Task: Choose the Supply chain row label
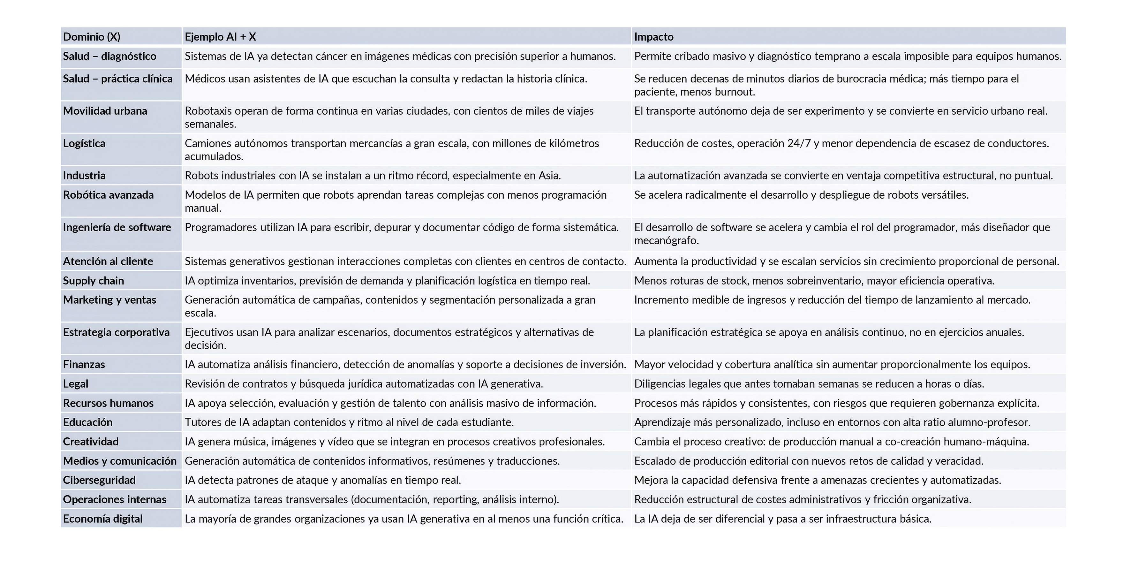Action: [93, 281]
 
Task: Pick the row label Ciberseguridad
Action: [99, 480]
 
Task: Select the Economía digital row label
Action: [103, 519]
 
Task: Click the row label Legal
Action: [76, 384]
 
